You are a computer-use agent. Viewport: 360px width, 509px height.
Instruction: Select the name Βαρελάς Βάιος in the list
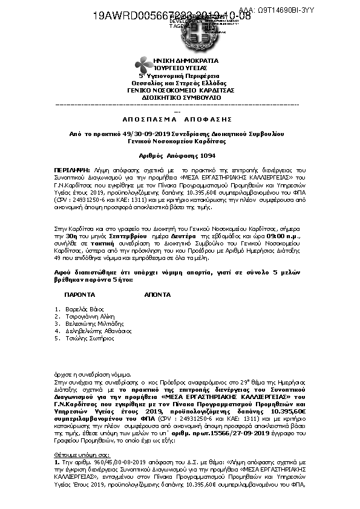tap(80, 308)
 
